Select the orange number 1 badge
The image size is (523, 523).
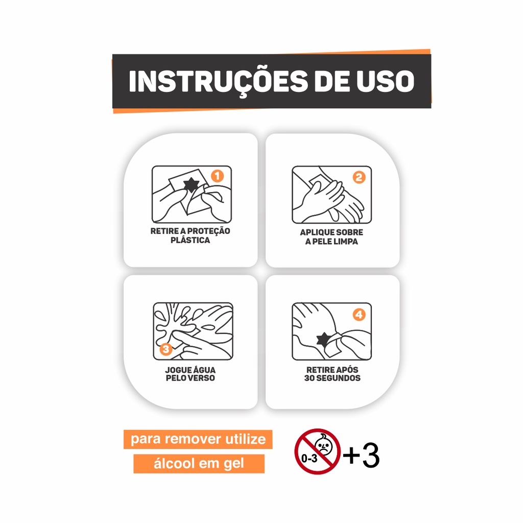tap(217, 176)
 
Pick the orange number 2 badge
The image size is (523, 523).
tap(359, 177)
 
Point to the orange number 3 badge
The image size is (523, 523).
tap(166, 349)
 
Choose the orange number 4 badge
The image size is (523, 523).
tap(359, 315)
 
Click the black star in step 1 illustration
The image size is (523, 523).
tap(191, 185)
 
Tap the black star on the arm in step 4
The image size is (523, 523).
tap(323, 339)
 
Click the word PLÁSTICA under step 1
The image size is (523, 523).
tap(190, 240)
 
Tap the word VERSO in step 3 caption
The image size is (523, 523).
tap(201, 378)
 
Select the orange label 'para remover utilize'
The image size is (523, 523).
tap(198, 439)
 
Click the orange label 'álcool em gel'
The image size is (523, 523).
tap(199, 464)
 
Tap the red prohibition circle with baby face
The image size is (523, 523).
tap(317, 451)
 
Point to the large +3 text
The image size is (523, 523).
tap(361, 455)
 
